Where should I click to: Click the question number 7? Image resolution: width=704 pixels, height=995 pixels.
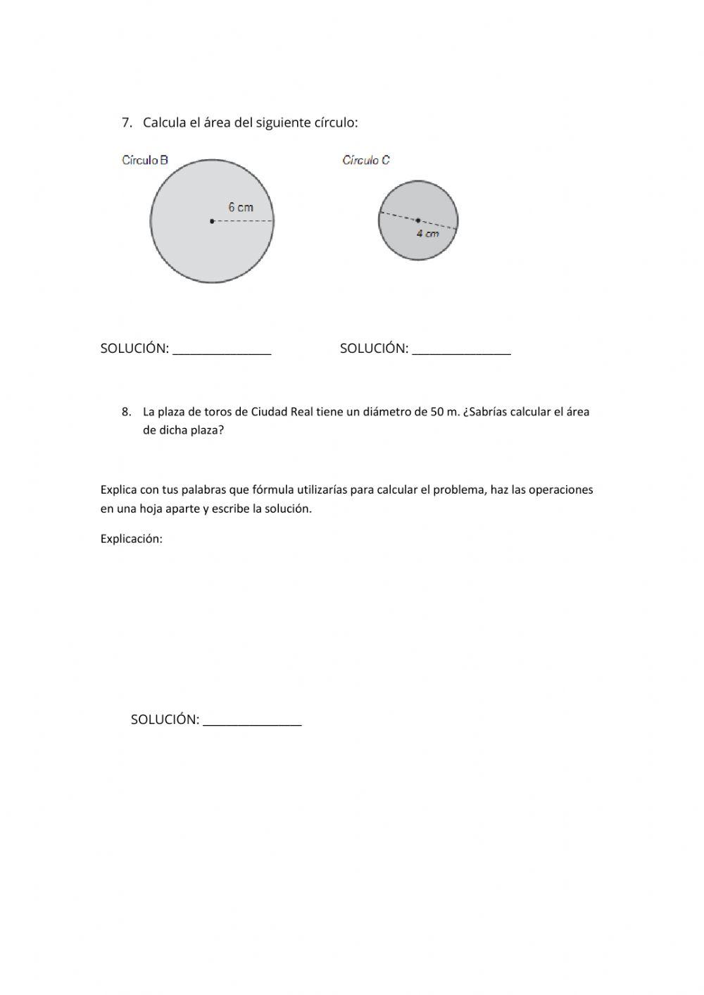(x=126, y=123)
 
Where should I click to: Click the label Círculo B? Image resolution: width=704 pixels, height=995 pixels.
(x=145, y=161)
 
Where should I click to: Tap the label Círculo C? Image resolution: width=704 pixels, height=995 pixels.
(x=366, y=161)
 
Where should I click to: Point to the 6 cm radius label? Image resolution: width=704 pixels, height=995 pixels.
(x=240, y=207)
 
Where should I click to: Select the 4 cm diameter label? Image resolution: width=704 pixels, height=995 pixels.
(x=427, y=233)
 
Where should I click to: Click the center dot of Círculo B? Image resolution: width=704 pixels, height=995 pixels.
(x=212, y=221)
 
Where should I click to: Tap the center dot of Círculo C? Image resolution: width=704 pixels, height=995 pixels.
(x=418, y=220)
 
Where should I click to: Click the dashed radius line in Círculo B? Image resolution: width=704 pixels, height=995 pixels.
(x=243, y=221)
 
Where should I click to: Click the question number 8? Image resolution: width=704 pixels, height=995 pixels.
(x=126, y=412)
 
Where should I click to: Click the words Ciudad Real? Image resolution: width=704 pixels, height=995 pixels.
(x=282, y=412)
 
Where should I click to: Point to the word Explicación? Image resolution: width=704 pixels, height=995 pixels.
(x=131, y=539)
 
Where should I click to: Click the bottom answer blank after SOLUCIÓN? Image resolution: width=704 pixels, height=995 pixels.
(x=252, y=721)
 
